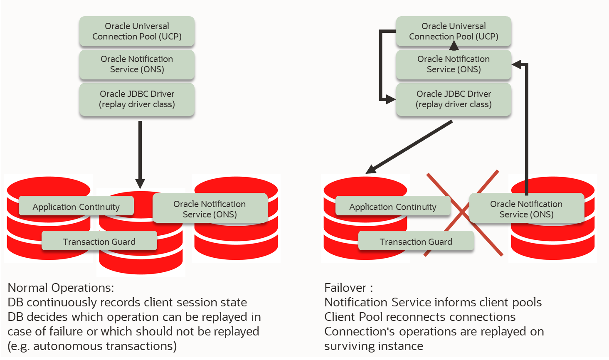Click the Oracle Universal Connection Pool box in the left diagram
(x=137, y=32)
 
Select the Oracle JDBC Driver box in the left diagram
(x=137, y=99)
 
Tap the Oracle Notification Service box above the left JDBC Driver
(x=137, y=64)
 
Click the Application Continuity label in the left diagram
(x=76, y=207)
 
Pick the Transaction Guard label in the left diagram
(x=99, y=242)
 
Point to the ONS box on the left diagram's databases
(x=210, y=209)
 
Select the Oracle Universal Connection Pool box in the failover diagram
(x=454, y=32)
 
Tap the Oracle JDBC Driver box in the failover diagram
(x=454, y=99)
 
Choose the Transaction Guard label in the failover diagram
(x=416, y=242)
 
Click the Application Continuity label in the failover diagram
(x=393, y=207)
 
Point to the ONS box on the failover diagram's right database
(x=526, y=209)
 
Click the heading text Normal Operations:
(x=61, y=288)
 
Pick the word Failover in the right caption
(x=345, y=288)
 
